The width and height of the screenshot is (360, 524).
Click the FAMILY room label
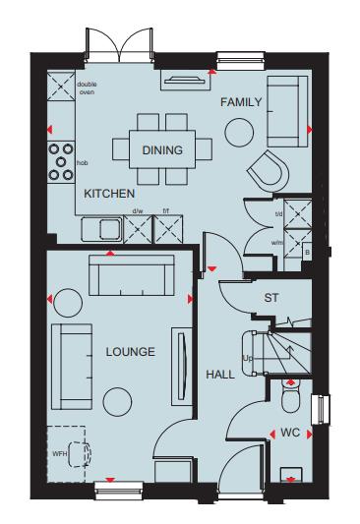240,102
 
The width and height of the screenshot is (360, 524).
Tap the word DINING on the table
161,150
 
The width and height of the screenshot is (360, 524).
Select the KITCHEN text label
108,194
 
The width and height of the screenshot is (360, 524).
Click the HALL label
219,374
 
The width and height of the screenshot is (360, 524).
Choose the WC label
289,432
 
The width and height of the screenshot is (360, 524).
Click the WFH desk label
58,454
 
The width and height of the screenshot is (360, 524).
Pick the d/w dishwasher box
138,229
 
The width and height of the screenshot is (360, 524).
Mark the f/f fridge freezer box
168,229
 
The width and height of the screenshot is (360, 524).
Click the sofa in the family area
285,109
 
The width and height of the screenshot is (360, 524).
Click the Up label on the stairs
248,359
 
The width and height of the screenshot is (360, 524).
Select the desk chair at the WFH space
75,453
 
